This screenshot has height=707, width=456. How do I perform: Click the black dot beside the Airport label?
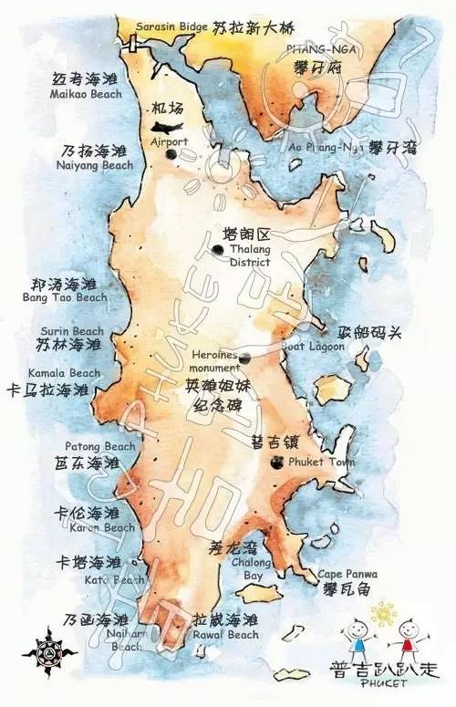point(171,154)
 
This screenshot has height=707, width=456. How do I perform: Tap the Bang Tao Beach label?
point(65,297)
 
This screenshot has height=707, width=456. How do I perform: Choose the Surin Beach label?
point(71,331)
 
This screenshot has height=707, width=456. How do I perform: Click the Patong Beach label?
point(99,446)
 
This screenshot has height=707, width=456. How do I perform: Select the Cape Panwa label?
point(347,574)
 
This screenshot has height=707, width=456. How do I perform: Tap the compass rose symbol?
point(38,654)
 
